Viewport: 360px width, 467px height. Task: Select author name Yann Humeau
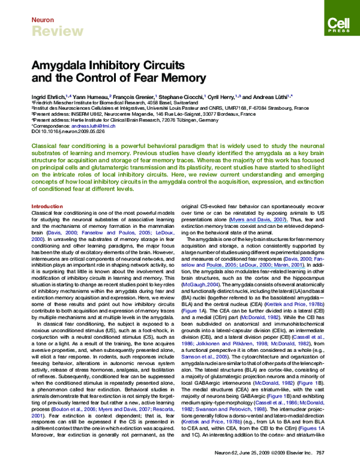(x=89, y=96)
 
